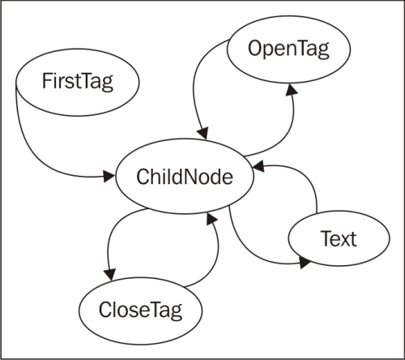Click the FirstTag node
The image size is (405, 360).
point(78,81)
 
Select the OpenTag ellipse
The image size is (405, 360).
point(289,50)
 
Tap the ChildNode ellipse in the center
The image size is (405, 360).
point(185,177)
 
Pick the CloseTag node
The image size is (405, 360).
point(140,309)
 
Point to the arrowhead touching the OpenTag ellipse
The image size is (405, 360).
point(290,91)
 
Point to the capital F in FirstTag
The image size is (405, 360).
point(45,81)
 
